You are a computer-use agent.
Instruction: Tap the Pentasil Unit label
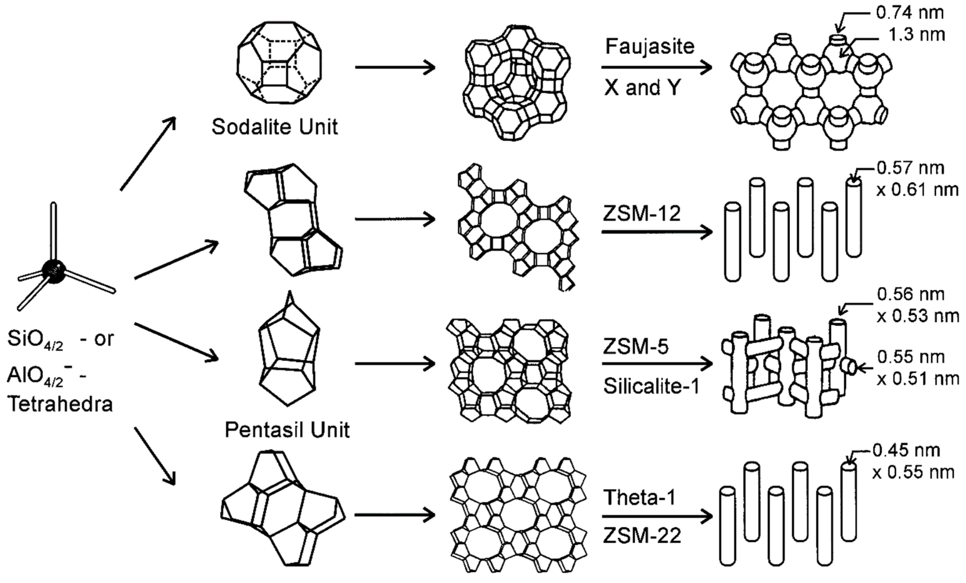click(x=287, y=430)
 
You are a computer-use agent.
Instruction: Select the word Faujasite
click(x=650, y=47)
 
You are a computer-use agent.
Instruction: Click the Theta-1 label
click(x=640, y=498)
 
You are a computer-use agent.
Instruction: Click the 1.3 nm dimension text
click(x=916, y=35)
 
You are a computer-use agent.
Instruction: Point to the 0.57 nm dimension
click(x=910, y=168)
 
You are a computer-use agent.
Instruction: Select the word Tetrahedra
click(x=60, y=404)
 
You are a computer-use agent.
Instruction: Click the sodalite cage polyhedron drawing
click(x=279, y=63)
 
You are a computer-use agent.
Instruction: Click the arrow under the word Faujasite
click(x=657, y=67)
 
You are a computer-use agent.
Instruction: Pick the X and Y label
click(x=642, y=88)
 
